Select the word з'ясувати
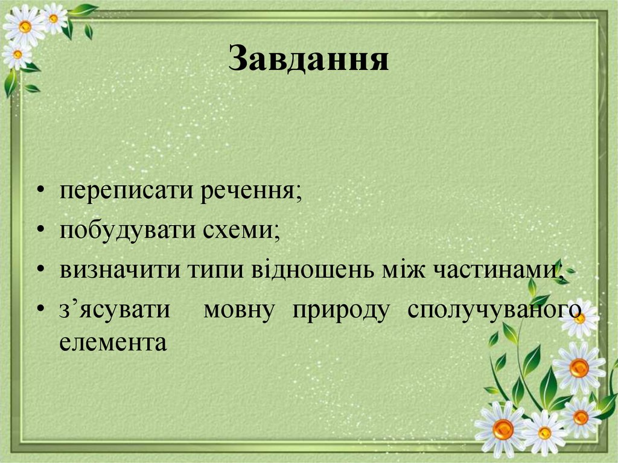(x=115, y=310)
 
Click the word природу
(x=341, y=310)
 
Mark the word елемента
(x=113, y=342)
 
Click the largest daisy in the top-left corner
(x=24, y=26)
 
